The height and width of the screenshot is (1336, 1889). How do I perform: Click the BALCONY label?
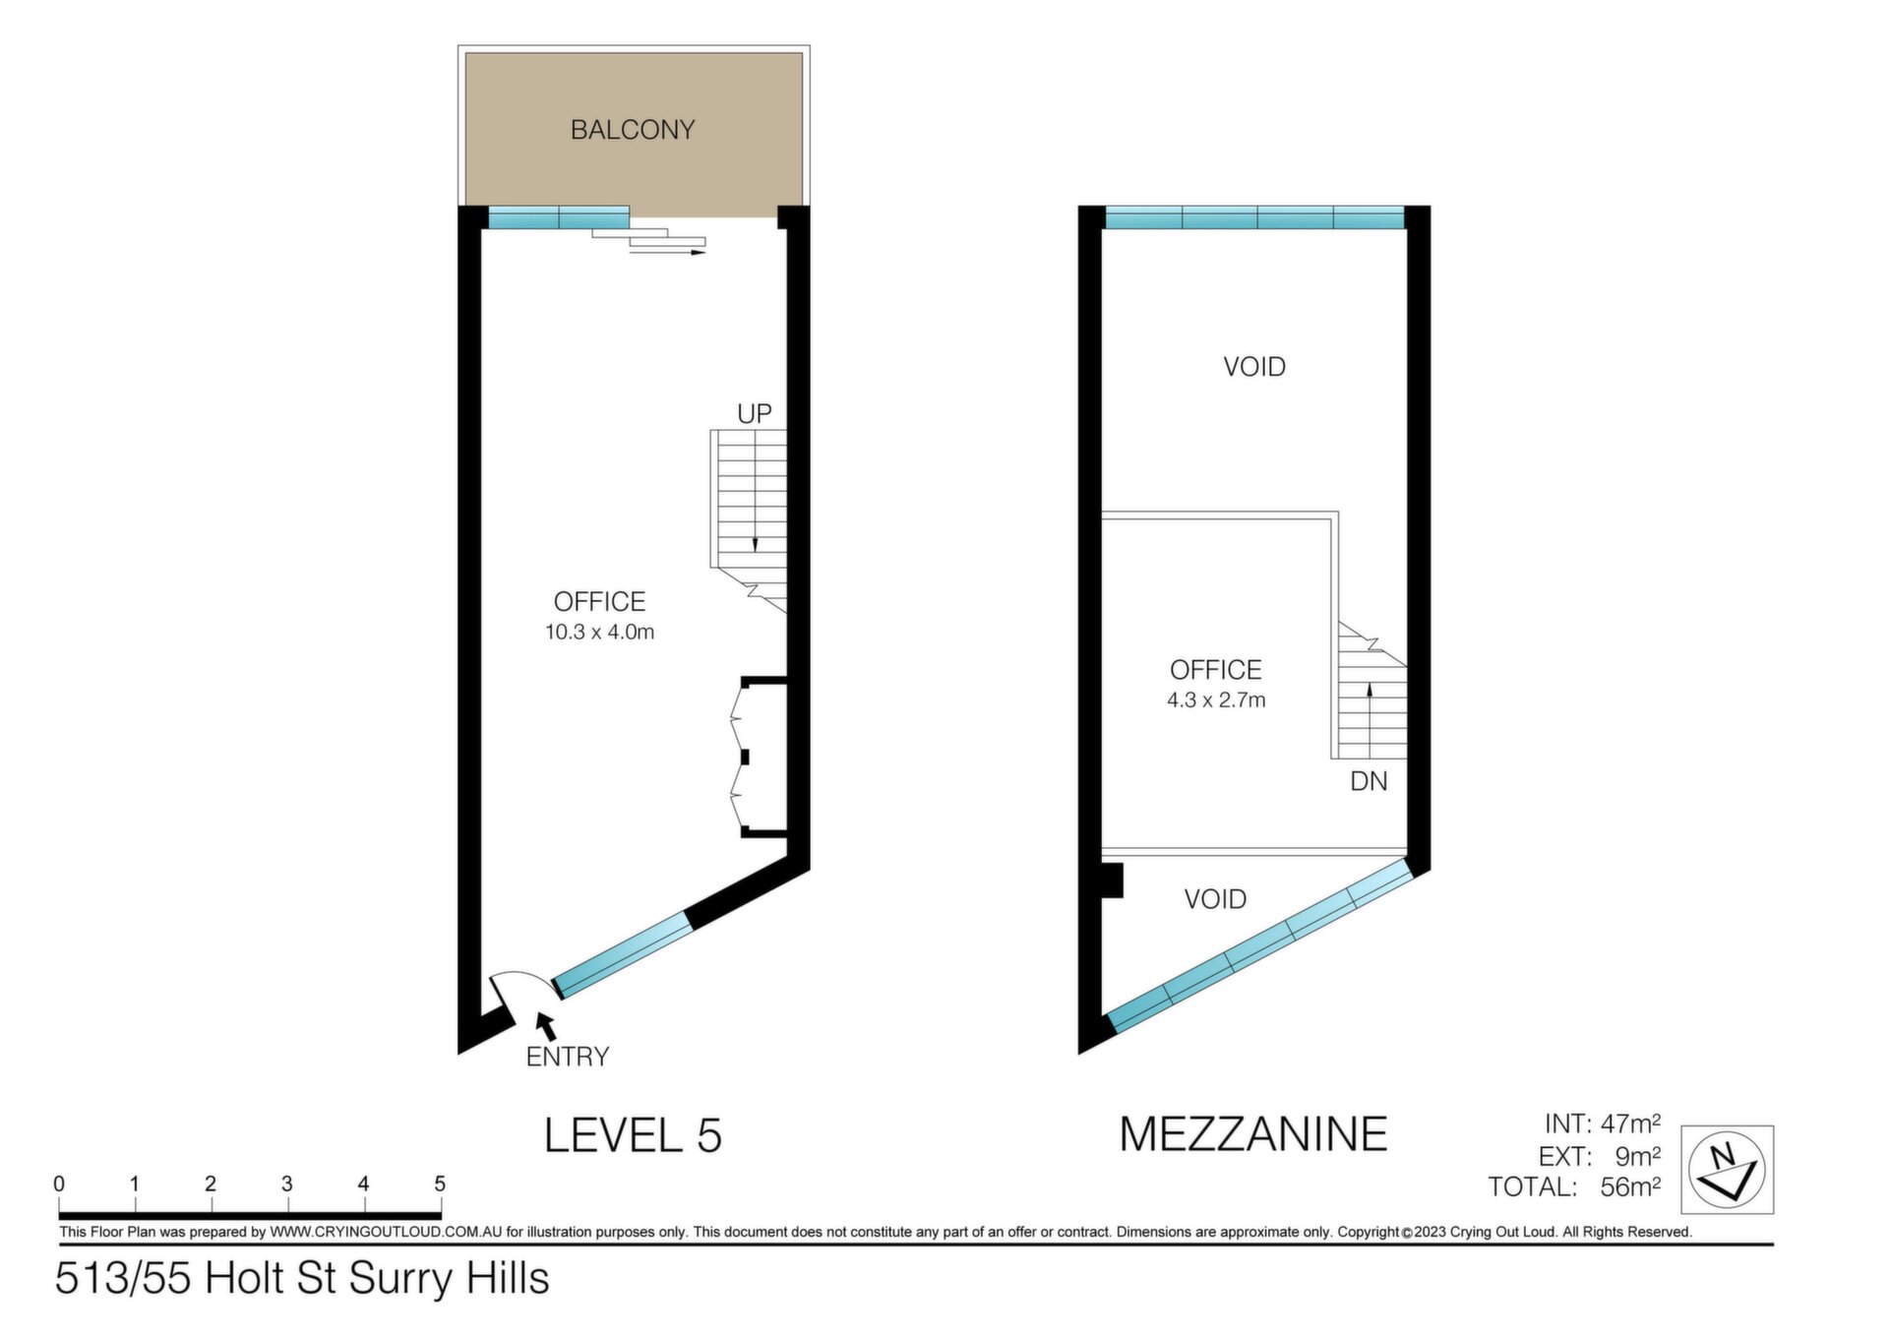[x=633, y=130]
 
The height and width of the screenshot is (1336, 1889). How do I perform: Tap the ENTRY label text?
[x=568, y=1057]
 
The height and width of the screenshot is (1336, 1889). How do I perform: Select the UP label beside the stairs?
[x=755, y=414]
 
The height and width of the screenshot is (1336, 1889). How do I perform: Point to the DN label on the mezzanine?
[x=1369, y=781]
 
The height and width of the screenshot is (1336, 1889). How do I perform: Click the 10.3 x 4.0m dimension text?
[x=599, y=633]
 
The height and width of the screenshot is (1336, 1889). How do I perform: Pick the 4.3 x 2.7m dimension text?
[x=1216, y=700]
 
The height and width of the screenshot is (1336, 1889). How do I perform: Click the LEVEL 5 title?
[x=633, y=1135]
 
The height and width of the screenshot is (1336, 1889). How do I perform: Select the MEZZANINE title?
[x=1253, y=1133]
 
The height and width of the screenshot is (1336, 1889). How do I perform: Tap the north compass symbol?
[x=1727, y=1170]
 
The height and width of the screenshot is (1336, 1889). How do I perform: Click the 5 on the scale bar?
[x=440, y=1184]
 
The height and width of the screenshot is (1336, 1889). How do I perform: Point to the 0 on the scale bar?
[x=59, y=1184]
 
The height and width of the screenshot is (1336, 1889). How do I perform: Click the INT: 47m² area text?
[x=1603, y=1123]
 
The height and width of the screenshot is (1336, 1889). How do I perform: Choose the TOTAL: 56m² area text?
[x=1574, y=1186]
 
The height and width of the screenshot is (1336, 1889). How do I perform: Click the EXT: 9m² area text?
[x=1600, y=1155]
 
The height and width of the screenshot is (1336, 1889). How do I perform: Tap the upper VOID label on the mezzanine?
[x=1254, y=367]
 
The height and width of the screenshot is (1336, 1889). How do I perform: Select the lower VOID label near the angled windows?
[x=1215, y=899]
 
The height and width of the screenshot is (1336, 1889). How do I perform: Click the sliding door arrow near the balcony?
[x=668, y=253]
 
